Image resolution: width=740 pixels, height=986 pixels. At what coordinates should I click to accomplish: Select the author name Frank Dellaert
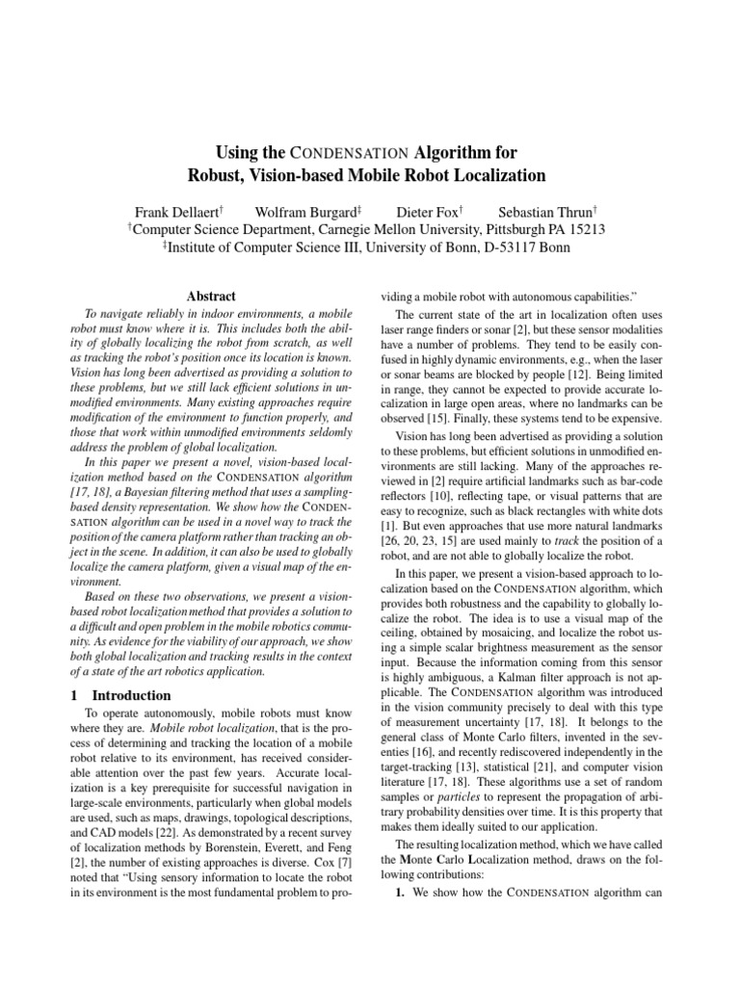coord(180,210)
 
